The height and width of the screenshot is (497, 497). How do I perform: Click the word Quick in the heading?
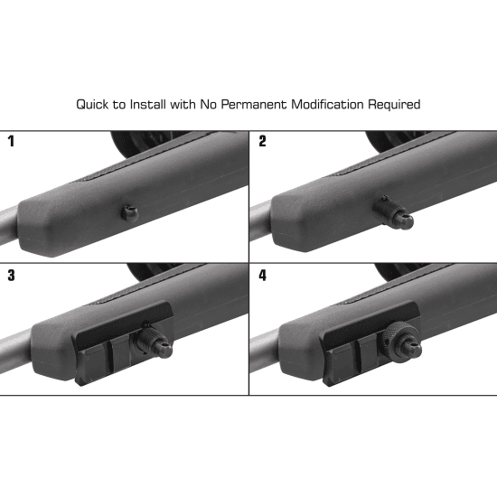click(x=92, y=105)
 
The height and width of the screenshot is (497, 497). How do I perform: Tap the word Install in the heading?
click(x=148, y=104)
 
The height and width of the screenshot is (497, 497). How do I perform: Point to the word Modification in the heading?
click(x=327, y=104)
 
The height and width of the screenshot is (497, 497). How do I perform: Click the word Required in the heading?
click(x=394, y=105)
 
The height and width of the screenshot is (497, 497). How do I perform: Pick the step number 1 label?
click(x=12, y=141)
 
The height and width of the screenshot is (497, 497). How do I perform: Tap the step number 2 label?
click(x=262, y=141)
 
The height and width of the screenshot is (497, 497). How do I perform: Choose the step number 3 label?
click(x=12, y=275)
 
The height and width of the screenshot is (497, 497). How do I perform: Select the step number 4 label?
click(x=262, y=275)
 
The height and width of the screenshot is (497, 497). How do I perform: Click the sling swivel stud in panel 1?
click(x=129, y=212)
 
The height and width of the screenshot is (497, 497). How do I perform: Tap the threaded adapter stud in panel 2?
click(x=393, y=212)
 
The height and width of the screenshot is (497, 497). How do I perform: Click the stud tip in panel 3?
click(x=164, y=349)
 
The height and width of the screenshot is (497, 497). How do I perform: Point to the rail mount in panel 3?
click(x=124, y=342)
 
